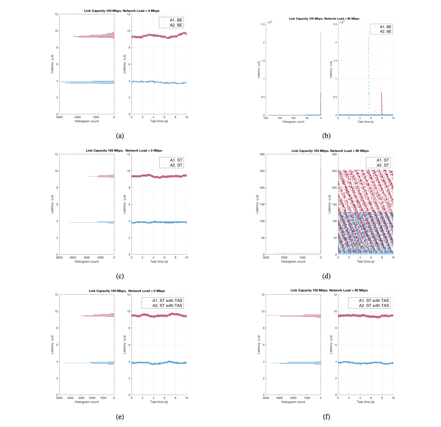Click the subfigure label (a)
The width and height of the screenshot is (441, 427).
coord(120,136)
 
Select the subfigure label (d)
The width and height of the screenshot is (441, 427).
coord(326,276)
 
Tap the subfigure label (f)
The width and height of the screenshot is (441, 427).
coord(326,417)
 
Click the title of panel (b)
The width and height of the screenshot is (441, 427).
coord(324,19)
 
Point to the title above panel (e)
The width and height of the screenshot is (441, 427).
coord(127,291)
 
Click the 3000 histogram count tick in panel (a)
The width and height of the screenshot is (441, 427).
coord(59,117)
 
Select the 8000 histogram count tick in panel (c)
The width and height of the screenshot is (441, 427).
coord(59,258)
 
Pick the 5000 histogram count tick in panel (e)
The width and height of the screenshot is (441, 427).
coord(59,398)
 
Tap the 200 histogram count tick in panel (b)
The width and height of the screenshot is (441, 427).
coord(266,118)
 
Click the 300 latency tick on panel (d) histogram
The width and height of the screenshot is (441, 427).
coord(262,154)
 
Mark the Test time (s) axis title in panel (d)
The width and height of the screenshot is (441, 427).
coord(366,262)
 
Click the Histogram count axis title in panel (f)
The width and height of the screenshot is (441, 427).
coord(293,402)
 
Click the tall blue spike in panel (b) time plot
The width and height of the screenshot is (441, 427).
coord(369,69)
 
